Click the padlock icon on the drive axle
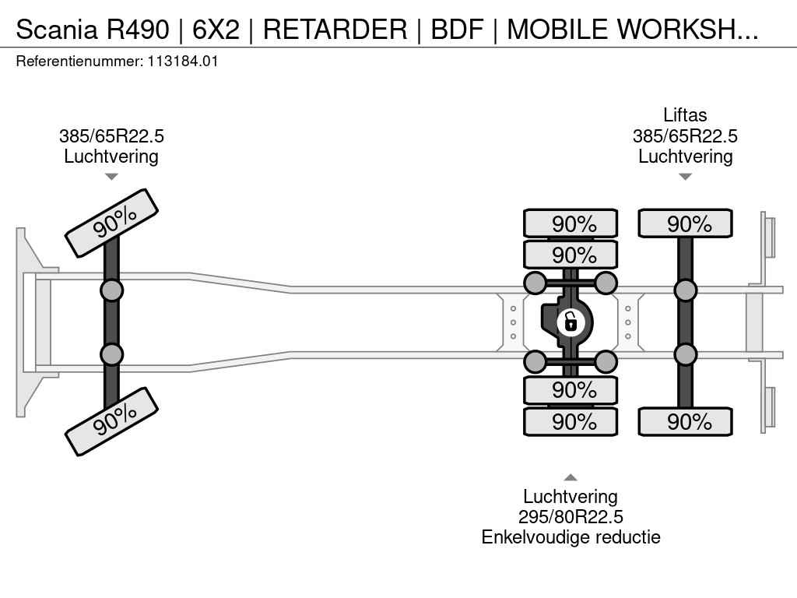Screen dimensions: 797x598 (571, 322)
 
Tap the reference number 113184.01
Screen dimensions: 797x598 (183, 62)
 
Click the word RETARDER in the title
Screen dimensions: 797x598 (335, 29)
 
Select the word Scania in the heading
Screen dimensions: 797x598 (56, 29)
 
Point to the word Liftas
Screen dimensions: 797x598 (685, 115)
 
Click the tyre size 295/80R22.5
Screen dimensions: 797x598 (571, 517)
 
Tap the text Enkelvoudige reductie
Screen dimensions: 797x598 (571, 537)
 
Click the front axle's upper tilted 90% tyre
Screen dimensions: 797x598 (112, 223)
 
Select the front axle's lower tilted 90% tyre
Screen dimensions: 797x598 (112, 421)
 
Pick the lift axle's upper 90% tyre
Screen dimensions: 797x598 (685, 223)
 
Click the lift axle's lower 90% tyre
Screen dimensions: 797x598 (685, 421)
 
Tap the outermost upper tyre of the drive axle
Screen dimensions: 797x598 (571, 223)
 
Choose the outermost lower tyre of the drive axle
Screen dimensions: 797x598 (571, 421)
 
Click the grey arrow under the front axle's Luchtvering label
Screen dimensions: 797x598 (111, 177)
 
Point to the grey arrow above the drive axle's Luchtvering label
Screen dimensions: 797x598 (571, 477)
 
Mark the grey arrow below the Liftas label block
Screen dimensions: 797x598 (685, 177)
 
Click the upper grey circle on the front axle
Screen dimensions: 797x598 (111, 291)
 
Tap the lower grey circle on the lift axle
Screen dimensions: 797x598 (685, 354)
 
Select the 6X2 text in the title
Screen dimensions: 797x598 (216, 29)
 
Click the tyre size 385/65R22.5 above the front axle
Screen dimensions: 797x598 (111, 136)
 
